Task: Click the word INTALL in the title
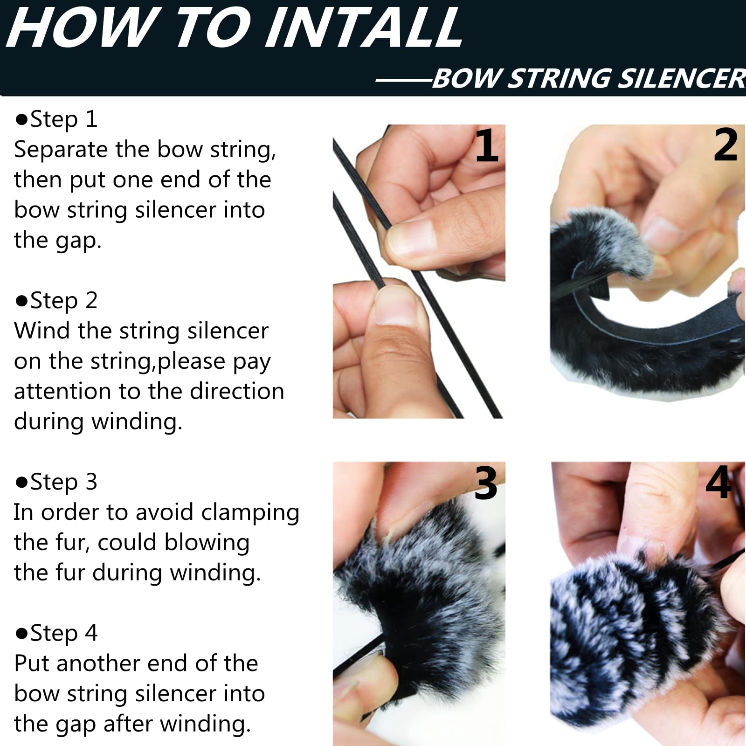[363, 28]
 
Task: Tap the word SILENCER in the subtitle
[682, 78]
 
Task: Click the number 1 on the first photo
[487, 145]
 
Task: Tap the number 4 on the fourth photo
[718, 482]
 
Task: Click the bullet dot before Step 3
[22, 483]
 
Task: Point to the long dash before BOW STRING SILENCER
[404, 80]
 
